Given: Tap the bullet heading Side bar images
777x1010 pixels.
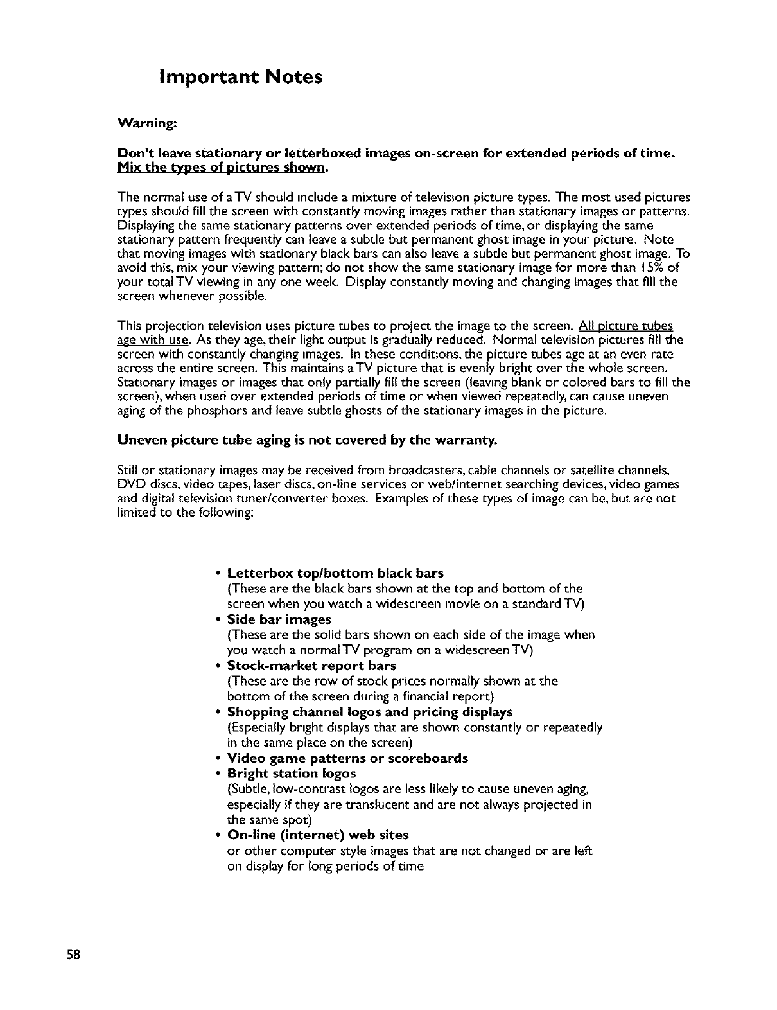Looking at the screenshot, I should click(x=279, y=619).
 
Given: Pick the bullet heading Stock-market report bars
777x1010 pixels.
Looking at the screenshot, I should click(x=311, y=666).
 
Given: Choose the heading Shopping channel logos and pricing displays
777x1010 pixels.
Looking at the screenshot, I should click(x=370, y=712).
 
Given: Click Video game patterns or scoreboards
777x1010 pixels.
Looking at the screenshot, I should click(x=347, y=758).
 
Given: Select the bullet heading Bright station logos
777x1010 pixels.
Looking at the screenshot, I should click(x=292, y=773).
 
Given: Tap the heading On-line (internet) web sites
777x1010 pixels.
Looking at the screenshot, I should click(x=318, y=835).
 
